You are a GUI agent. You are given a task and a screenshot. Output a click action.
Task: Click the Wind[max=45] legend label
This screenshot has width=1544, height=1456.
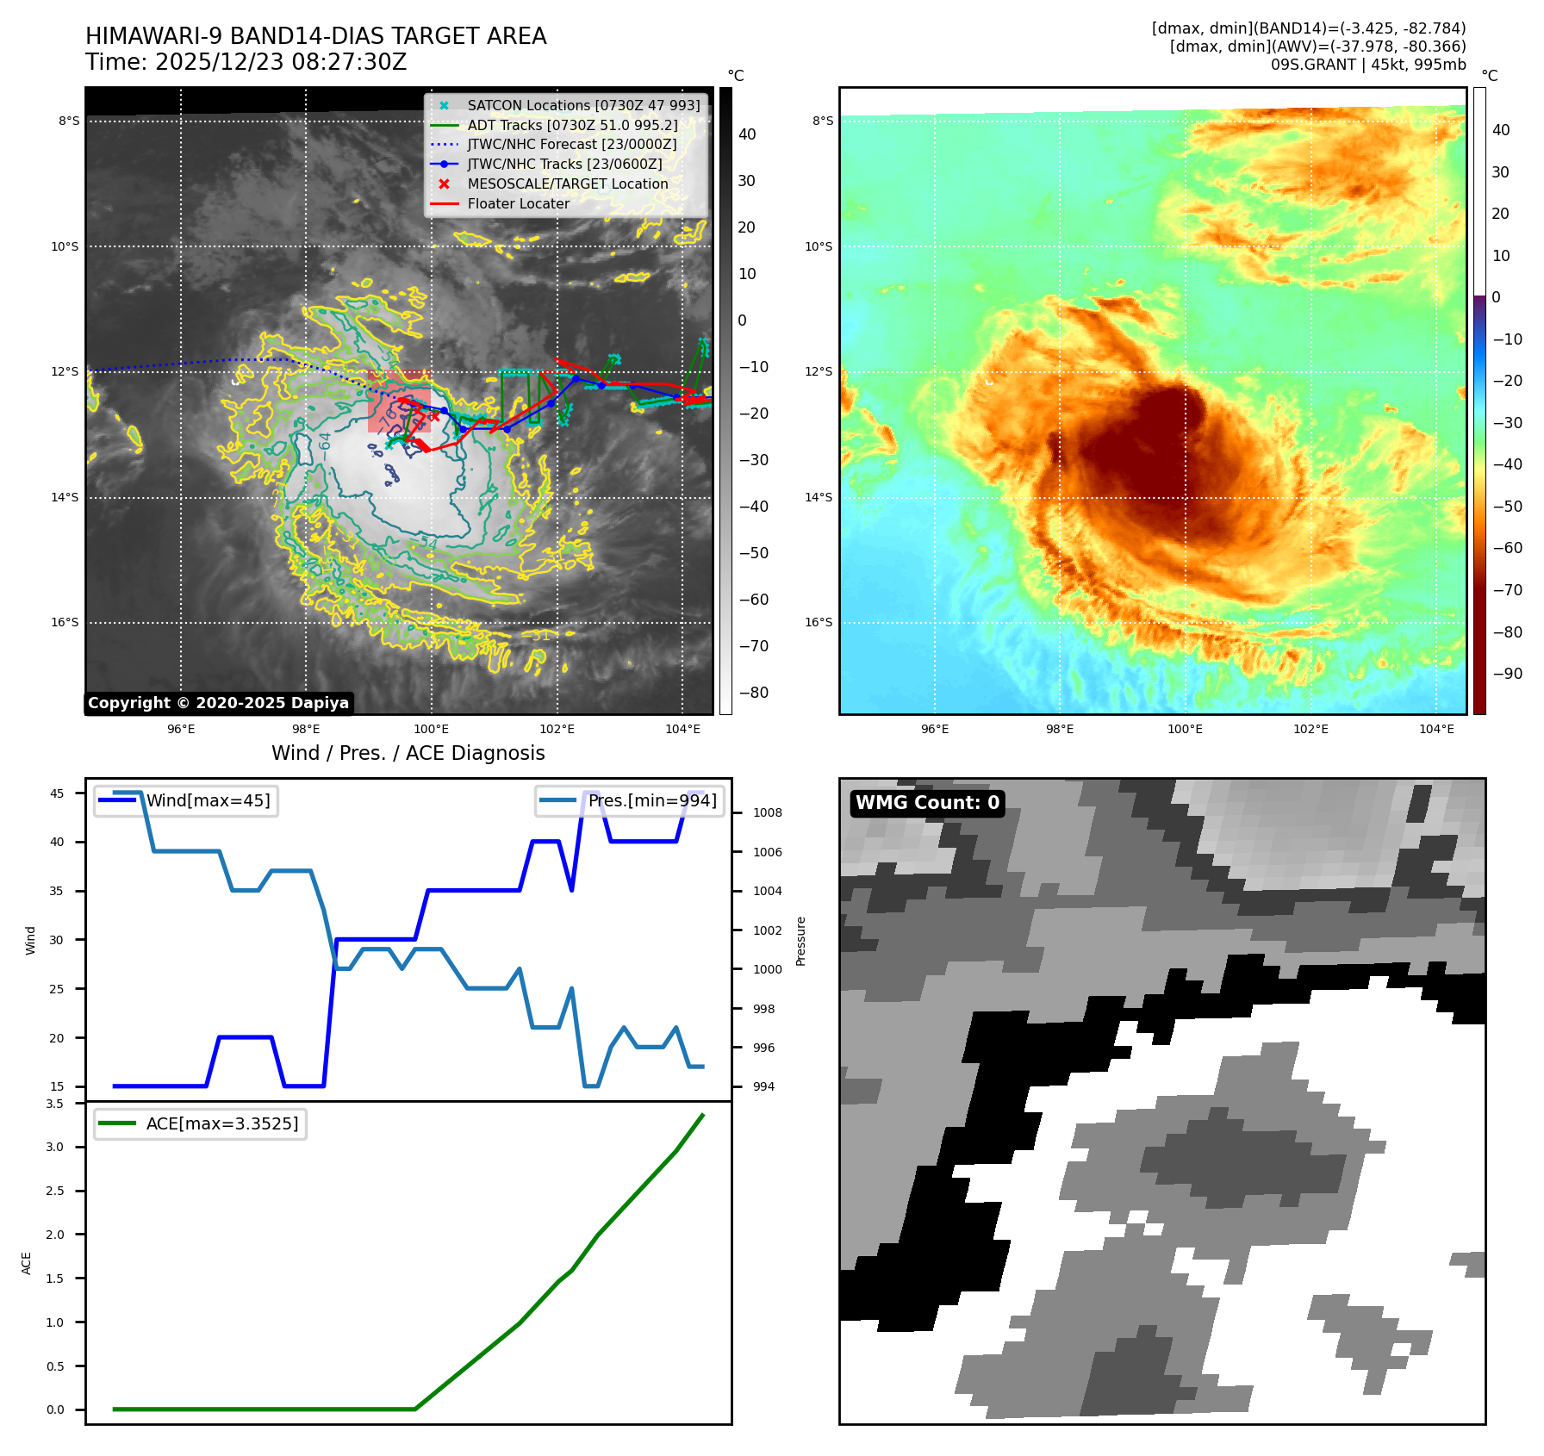click(208, 800)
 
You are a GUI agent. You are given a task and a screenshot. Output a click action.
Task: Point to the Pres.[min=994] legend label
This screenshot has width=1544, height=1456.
click(652, 800)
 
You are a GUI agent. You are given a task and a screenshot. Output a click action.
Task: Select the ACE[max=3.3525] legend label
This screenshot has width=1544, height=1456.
click(222, 1123)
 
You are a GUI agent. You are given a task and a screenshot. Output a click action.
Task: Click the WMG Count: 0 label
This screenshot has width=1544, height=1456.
click(927, 803)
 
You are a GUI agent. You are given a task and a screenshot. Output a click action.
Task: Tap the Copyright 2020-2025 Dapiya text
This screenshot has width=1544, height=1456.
click(218, 703)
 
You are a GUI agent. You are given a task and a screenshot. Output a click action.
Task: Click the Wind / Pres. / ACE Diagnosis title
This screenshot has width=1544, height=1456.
click(408, 753)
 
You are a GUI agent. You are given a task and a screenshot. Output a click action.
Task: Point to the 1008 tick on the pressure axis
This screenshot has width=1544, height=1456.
click(767, 812)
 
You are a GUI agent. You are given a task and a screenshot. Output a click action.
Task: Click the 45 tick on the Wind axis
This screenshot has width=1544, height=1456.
click(57, 793)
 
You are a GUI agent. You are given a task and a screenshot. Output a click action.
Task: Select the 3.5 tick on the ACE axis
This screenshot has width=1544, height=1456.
click(55, 1104)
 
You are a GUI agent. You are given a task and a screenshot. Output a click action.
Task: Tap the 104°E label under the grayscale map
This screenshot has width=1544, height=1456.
click(682, 729)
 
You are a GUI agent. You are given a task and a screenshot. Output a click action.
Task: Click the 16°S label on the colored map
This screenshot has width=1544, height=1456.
click(819, 622)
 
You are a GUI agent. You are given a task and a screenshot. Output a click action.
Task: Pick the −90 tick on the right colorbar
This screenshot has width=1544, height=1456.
click(1507, 674)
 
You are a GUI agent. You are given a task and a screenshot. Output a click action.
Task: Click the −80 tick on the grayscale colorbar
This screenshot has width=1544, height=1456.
click(754, 693)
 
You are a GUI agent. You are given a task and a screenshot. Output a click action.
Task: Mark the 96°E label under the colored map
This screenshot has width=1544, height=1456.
click(935, 729)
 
